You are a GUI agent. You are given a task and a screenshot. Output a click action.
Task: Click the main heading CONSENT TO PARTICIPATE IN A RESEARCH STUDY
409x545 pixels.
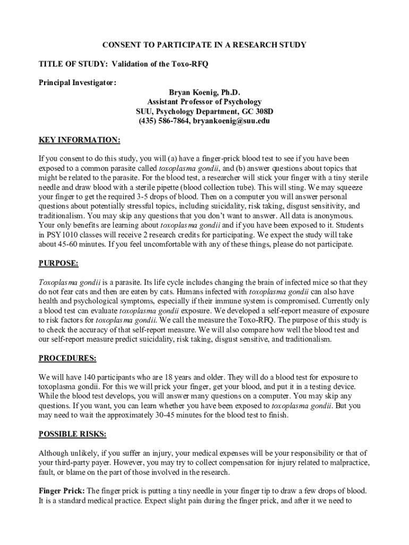[x=204, y=45]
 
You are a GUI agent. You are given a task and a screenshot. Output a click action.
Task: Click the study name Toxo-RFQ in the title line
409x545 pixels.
[x=191, y=64]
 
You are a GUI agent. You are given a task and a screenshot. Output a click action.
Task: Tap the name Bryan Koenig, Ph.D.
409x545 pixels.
[x=204, y=93]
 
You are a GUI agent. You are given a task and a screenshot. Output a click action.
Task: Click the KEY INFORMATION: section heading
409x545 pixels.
[x=80, y=140]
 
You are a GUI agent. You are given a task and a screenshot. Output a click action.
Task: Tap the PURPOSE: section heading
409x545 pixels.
[x=58, y=263]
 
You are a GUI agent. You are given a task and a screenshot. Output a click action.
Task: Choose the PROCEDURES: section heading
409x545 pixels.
[x=67, y=358]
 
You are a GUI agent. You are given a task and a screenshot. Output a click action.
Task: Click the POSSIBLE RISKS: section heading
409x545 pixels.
[x=72, y=434]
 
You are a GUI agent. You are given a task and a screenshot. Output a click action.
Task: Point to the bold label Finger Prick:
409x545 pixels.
[x=62, y=491]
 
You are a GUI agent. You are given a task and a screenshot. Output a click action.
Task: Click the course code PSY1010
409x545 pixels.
[x=58, y=235]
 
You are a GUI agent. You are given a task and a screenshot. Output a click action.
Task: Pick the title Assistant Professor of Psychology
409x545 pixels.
[x=204, y=102]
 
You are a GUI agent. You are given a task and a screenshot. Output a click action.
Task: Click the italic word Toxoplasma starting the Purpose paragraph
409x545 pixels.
[x=57, y=283]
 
